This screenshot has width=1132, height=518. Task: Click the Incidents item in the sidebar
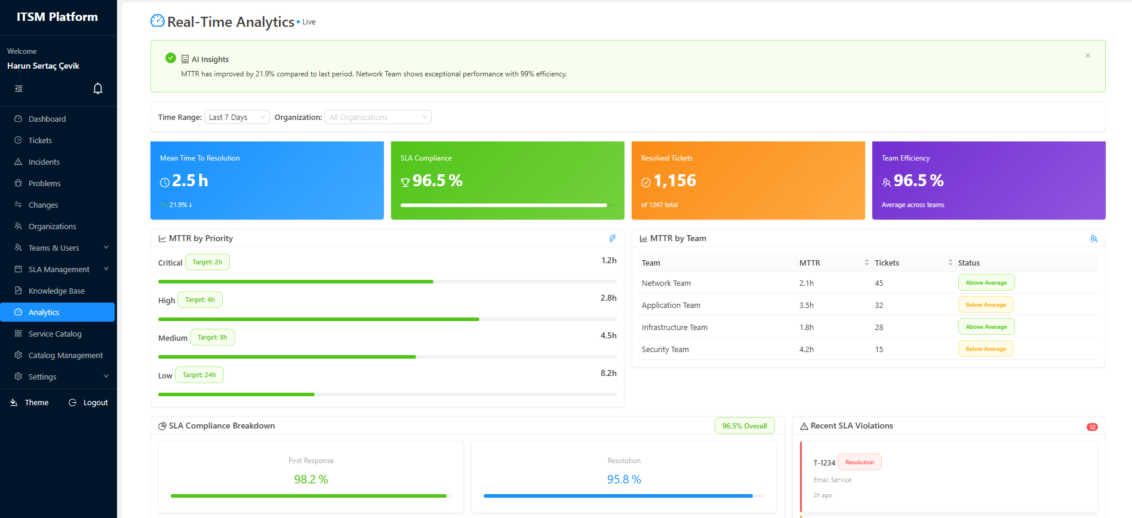point(44,162)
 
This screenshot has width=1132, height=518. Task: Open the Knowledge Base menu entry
point(56,291)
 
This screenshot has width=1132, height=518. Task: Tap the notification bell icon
point(98,88)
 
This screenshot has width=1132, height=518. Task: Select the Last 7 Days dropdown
point(236,117)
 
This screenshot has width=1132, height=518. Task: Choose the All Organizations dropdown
point(377,117)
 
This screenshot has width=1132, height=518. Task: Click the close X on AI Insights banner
point(1087,55)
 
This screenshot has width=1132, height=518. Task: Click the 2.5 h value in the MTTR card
point(190,181)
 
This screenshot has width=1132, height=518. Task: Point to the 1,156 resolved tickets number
point(675,181)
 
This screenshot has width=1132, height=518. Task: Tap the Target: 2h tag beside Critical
point(207,262)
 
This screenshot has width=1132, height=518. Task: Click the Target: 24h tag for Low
point(199,375)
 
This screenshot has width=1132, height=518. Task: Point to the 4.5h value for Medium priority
point(608,335)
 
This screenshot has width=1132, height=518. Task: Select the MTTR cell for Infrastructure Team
point(806,327)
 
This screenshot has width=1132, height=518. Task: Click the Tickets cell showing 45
point(879,283)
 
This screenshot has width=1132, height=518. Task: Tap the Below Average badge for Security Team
point(985,349)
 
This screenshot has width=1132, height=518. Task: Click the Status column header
point(968,263)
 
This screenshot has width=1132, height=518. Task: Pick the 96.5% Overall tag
point(744,425)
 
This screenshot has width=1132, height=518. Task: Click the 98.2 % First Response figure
point(310,479)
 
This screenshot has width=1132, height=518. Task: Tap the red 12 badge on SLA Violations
point(1091,427)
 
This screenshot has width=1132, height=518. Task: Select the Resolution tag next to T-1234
point(859,462)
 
